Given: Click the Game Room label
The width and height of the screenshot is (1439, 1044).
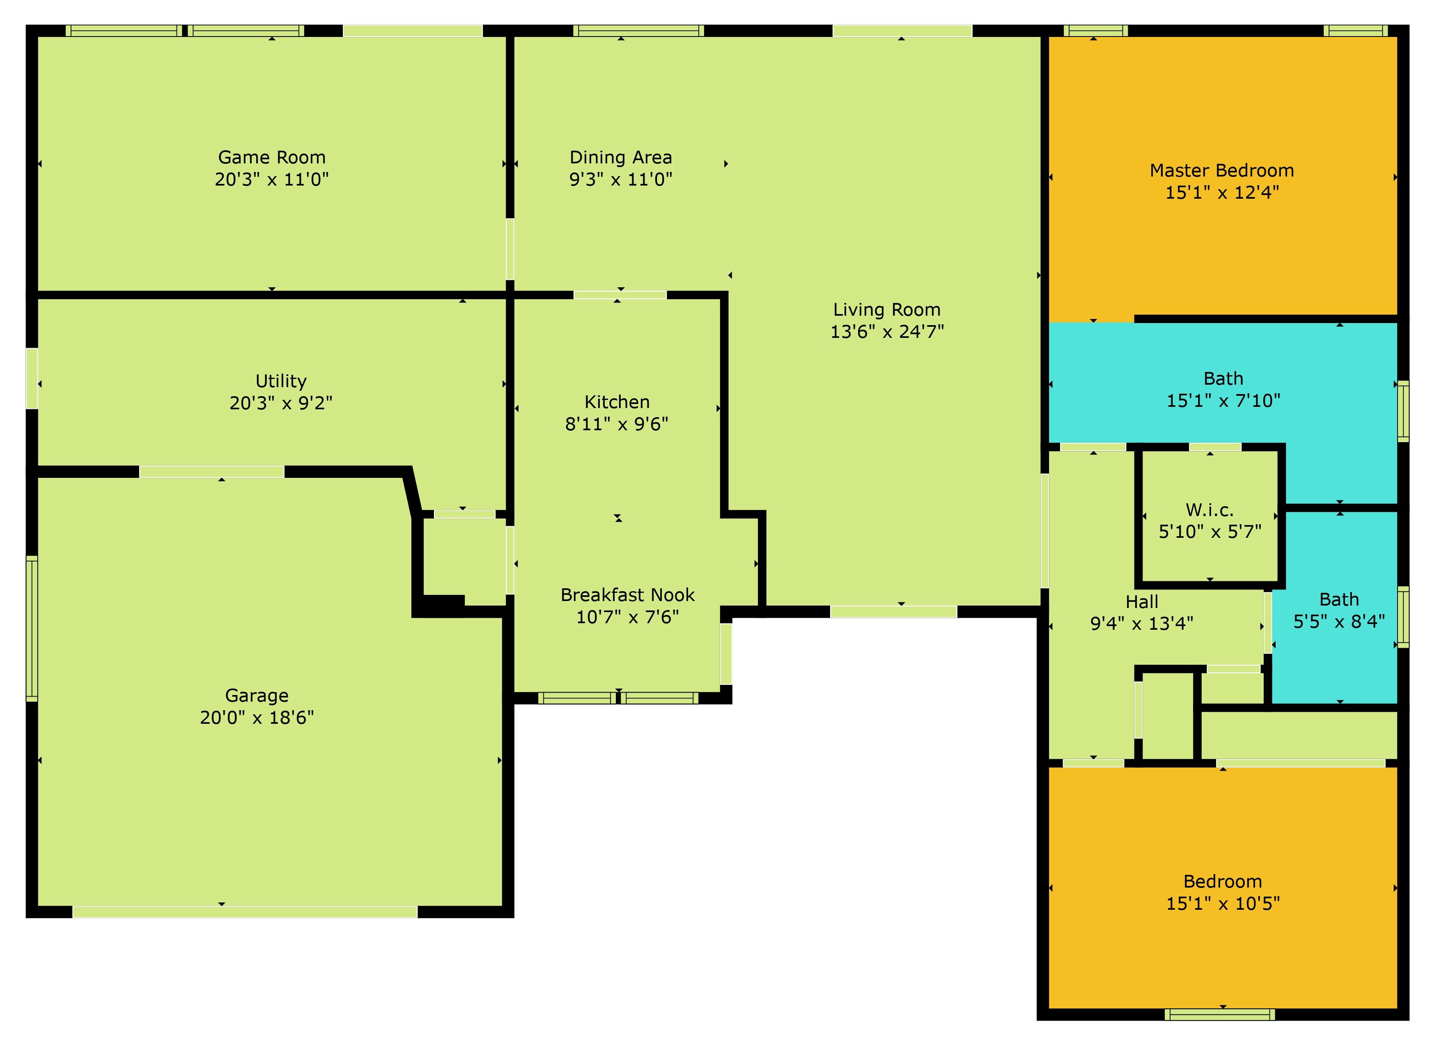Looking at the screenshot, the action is tap(271, 157).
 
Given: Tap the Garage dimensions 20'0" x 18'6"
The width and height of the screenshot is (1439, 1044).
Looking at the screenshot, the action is tap(257, 717).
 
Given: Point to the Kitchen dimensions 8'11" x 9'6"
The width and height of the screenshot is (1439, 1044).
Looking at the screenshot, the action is tap(617, 424).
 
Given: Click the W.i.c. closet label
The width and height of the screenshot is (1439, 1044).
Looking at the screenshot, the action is tap(1209, 509).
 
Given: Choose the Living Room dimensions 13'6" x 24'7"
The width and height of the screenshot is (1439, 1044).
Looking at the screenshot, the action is tap(887, 331).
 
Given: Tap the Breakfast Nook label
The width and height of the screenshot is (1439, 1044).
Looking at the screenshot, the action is tap(627, 595).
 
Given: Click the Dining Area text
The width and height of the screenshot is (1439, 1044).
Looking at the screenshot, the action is tap(620, 157).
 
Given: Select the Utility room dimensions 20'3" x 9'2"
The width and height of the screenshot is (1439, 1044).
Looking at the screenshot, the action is tap(281, 403).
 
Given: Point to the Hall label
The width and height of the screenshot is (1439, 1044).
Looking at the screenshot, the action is tap(1142, 601).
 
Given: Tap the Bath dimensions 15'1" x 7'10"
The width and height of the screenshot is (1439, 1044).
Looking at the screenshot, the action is tap(1223, 400).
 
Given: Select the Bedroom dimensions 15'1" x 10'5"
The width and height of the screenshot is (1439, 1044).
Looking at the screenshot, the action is tap(1223, 903).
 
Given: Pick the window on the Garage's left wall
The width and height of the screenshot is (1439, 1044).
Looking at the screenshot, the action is tap(32, 629).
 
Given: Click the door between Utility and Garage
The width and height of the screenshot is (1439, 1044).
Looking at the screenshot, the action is tap(211, 471).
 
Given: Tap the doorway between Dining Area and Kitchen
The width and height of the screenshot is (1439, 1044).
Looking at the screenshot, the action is tap(620, 295).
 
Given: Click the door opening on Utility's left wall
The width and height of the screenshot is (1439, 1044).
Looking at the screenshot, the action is tap(32, 378).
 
